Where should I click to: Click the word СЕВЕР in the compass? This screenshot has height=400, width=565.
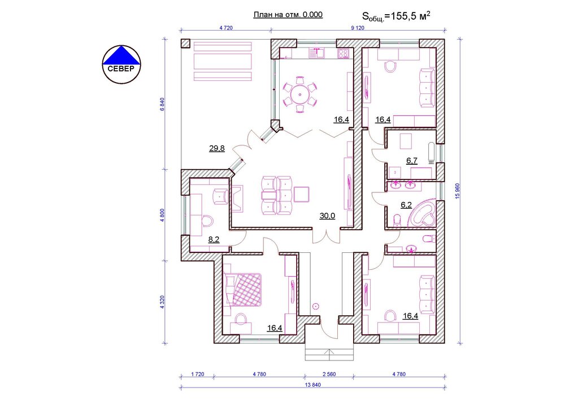[121, 69]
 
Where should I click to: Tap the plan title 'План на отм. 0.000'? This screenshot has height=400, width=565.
[288, 15]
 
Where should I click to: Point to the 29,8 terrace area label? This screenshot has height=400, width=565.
[217, 148]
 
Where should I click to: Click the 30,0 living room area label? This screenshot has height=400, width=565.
[327, 216]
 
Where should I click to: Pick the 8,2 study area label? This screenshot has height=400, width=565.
[214, 239]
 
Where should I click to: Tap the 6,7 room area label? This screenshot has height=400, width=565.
[412, 161]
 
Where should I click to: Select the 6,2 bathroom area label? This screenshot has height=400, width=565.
[406, 205]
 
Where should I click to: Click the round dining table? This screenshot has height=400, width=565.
[300, 94]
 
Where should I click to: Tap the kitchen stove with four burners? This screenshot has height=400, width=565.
[343, 53]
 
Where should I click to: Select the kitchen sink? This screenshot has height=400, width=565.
[317, 53]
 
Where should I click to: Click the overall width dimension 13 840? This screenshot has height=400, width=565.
[313, 385]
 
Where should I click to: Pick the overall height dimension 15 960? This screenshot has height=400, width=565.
[458, 191]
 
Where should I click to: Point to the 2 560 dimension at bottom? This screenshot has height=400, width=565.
[329, 374]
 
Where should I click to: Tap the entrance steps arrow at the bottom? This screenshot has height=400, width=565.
[329, 355]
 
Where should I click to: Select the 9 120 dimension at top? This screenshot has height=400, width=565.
[357, 28]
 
